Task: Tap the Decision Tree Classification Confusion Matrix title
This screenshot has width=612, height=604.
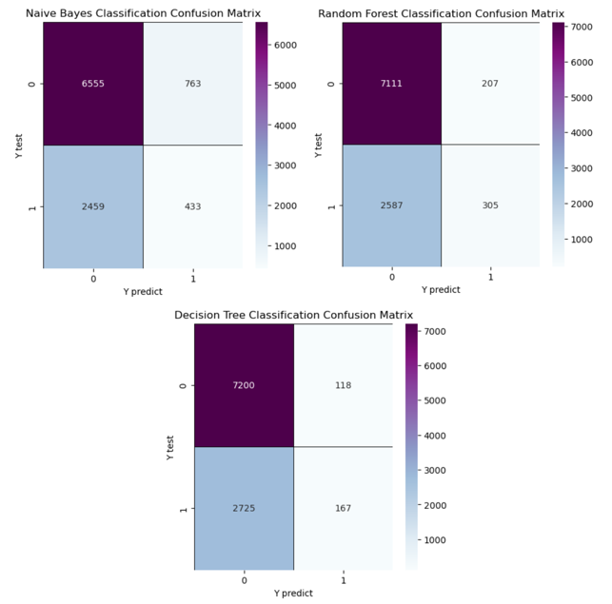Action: coord(293,315)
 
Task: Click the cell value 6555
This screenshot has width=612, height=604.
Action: coord(93,84)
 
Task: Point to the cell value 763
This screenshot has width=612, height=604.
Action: coord(193,84)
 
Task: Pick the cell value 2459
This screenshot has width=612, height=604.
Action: coord(93,205)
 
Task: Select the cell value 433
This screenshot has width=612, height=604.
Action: coord(193,205)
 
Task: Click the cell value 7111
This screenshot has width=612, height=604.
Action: coord(392,84)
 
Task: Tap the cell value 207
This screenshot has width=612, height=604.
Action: coord(491,84)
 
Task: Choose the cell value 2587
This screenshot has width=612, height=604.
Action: coord(392,205)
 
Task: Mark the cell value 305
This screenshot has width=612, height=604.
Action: coord(491,205)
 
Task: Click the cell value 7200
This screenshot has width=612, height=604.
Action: coord(244,385)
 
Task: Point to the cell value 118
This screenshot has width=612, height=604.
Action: coord(343,385)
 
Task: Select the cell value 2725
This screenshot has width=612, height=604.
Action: coord(244,508)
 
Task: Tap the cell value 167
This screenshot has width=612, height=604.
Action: coord(343,508)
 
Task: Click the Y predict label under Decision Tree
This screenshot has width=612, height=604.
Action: coord(293,593)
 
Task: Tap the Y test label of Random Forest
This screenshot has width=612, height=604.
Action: coord(319,145)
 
